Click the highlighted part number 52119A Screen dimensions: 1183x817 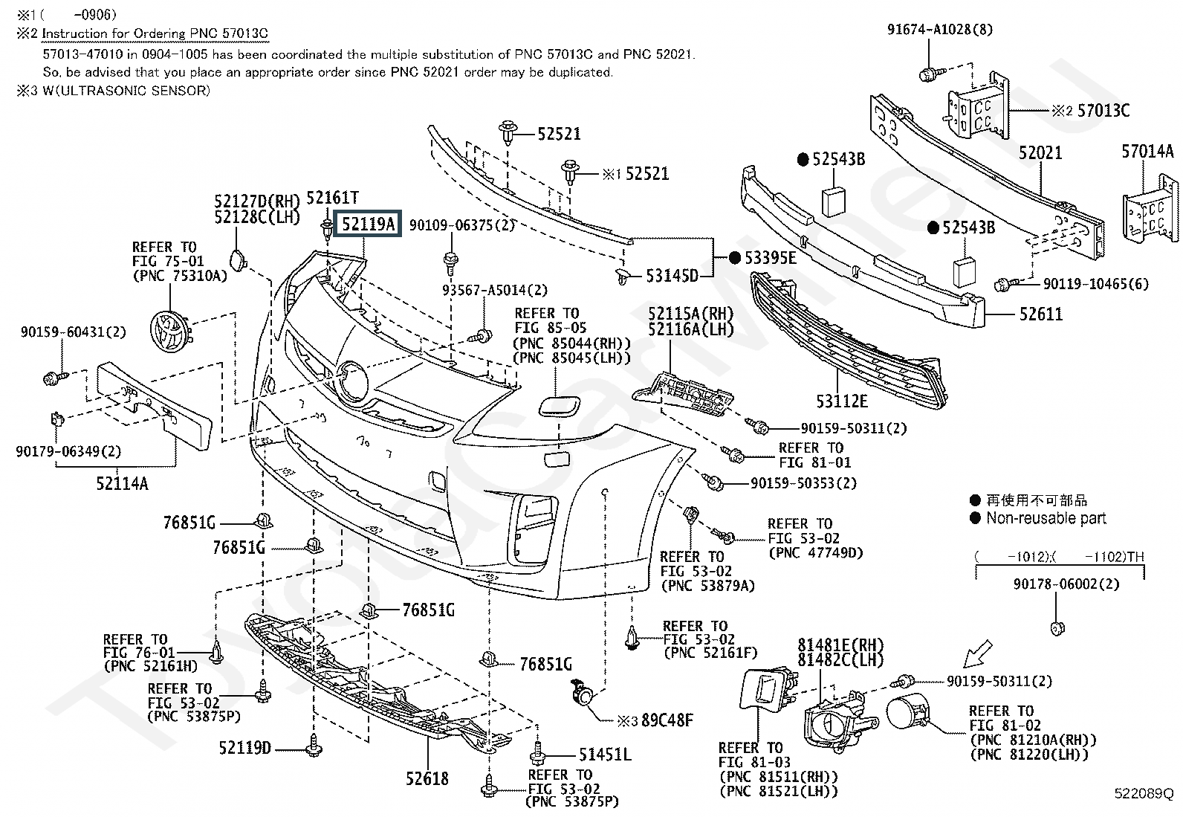point(368,224)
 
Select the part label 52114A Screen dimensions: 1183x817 point(122,483)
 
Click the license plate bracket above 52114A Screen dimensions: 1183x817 point(154,405)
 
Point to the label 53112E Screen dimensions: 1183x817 point(842,401)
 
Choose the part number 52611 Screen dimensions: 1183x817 point(1040,314)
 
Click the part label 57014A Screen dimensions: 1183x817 point(1147,152)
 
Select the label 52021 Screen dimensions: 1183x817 point(1040,152)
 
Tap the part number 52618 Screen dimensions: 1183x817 point(427,778)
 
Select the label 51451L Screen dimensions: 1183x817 point(605,754)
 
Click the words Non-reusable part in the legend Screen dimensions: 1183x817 point(1046,518)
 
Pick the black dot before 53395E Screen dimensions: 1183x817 point(735,258)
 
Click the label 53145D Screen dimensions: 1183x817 point(672,275)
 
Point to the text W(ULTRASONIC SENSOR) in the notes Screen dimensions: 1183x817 point(126,91)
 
